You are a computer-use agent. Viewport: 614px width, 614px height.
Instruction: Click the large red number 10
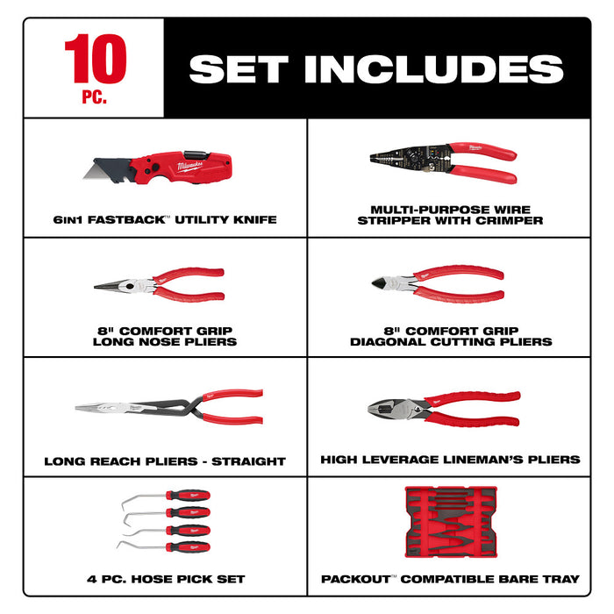pos(95,60)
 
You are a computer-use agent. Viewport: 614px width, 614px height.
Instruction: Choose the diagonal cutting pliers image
pos(439,283)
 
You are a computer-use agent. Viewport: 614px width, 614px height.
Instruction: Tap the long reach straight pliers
pos(167,408)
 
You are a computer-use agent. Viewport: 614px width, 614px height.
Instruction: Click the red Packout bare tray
pos(450,524)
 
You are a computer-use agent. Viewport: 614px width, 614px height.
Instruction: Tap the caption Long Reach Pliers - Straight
pos(165,460)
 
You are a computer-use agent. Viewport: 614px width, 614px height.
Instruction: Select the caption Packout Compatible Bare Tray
pos(450,579)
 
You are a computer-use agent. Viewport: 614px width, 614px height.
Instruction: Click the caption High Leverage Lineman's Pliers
pos(450,459)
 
